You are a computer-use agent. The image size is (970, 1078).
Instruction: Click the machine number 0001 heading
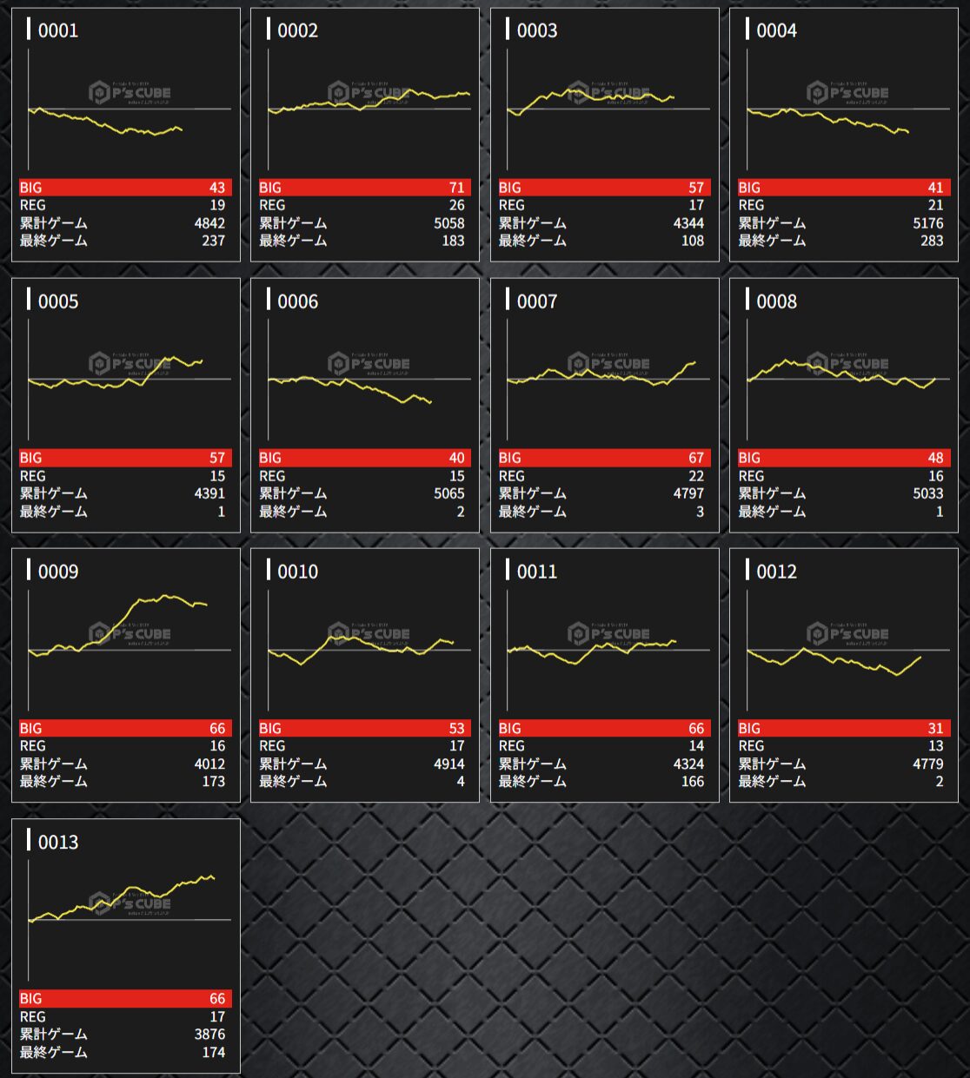tap(57, 31)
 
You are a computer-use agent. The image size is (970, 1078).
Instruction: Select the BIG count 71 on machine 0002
tap(456, 188)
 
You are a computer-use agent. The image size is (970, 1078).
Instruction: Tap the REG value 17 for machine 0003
tap(696, 206)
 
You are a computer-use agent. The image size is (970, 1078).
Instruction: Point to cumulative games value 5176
tap(927, 223)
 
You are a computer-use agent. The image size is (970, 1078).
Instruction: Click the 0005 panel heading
tap(57, 301)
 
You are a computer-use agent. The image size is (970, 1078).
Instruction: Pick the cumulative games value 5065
tap(448, 493)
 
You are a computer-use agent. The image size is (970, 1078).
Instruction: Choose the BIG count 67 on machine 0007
tap(696, 458)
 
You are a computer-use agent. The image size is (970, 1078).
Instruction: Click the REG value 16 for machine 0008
tap(935, 476)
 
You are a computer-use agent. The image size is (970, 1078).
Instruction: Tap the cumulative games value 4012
tap(209, 764)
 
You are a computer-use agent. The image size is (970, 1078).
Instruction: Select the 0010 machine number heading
tap(297, 572)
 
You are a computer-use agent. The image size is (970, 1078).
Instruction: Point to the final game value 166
tap(693, 782)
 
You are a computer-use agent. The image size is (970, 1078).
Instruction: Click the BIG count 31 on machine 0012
tap(935, 728)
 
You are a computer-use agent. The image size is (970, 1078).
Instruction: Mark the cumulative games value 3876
tap(209, 1034)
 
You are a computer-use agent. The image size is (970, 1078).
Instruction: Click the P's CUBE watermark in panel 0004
tap(847, 92)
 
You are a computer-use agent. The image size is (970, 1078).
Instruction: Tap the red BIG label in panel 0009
tap(31, 728)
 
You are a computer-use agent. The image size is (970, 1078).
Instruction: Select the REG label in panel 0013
tap(33, 1016)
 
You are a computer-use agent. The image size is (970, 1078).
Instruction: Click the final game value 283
tap(932, 241)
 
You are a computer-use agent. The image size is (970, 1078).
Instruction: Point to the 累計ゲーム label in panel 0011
tap(532, 764)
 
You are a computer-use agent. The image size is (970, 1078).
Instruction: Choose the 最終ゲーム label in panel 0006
tap(293, 512)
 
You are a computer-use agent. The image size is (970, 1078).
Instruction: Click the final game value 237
tap(213, 241)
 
